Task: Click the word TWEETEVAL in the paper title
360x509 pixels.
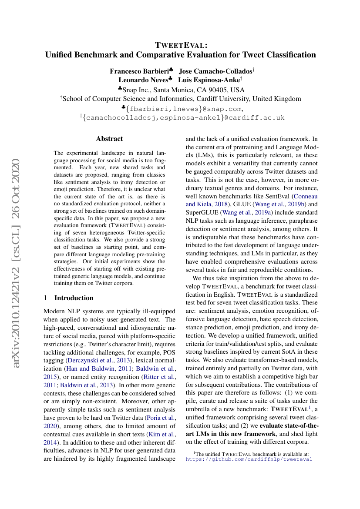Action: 181,45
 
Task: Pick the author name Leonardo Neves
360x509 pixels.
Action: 143,80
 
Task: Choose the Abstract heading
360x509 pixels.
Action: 109,139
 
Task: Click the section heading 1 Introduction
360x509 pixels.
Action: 69,298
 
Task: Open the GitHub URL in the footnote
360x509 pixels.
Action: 249,459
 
